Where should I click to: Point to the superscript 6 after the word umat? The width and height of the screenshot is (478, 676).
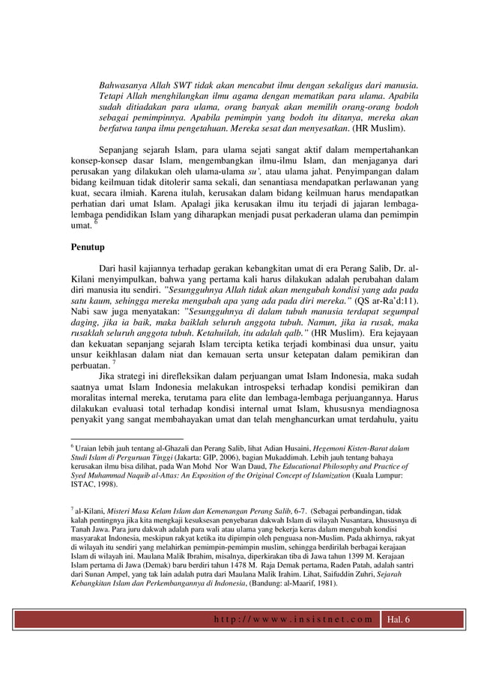94,224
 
